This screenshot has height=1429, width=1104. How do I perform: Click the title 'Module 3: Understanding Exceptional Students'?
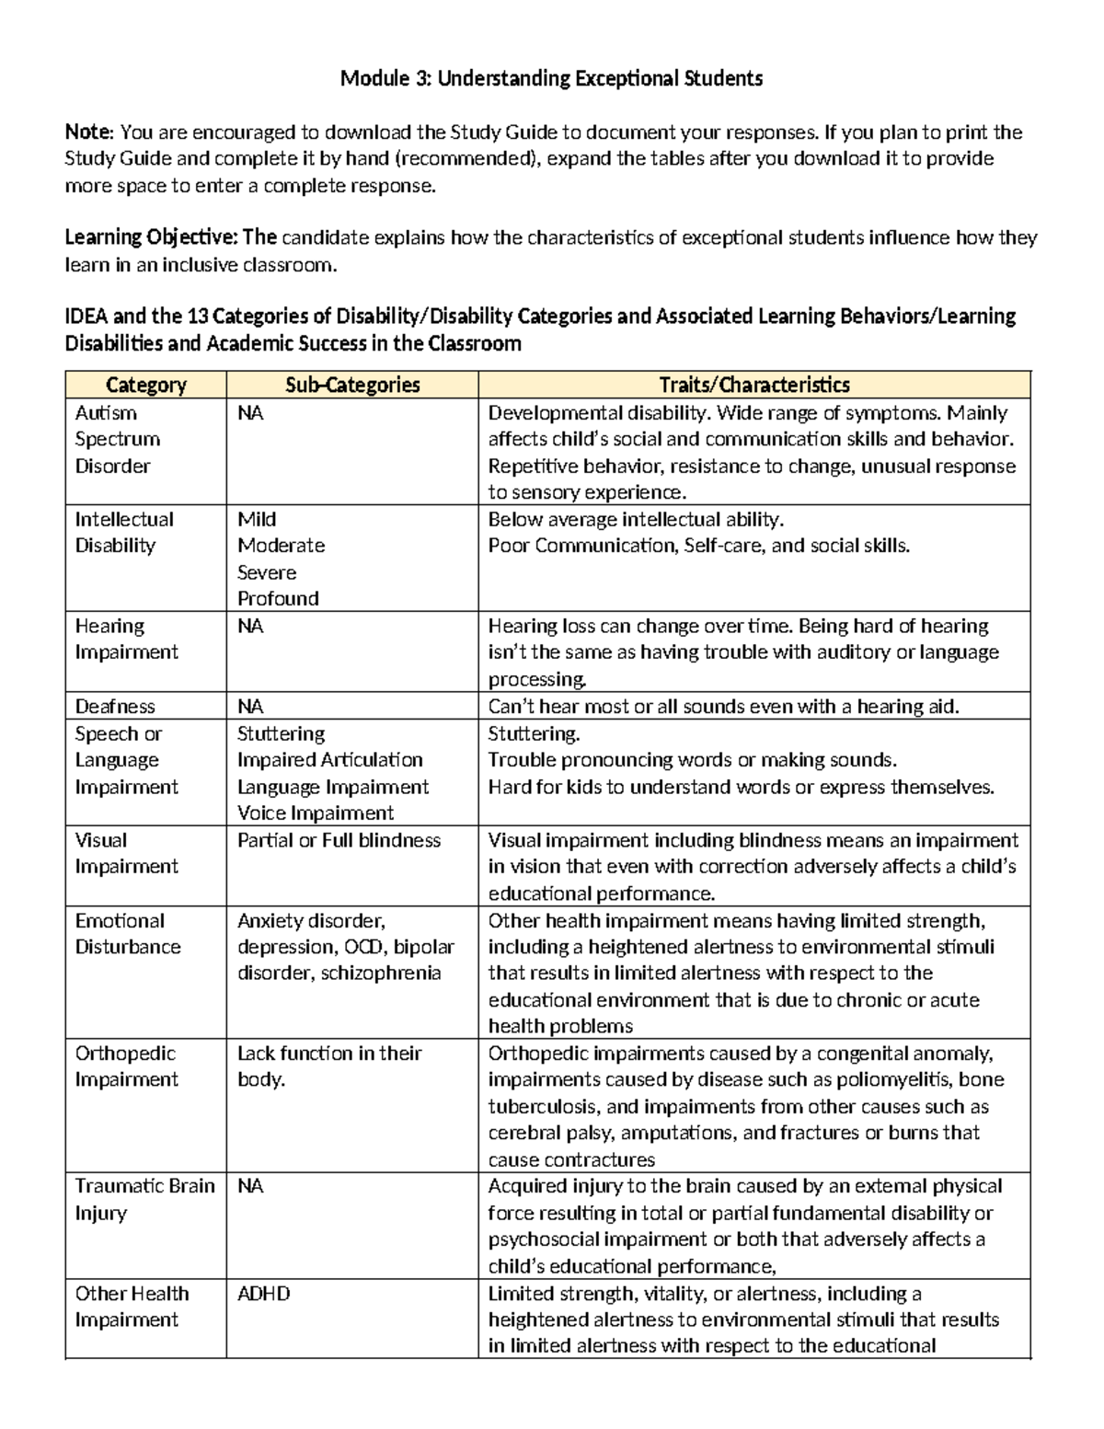pos(551,78)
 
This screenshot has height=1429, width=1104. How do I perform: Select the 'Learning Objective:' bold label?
pos(151,237)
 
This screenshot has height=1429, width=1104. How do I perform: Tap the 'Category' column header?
pos(145,385)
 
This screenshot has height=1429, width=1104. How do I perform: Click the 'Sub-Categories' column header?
pos(352,385)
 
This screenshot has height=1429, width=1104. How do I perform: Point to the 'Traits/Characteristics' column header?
pos(753,385)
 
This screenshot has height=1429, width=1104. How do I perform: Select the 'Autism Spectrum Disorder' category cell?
pos(117,439)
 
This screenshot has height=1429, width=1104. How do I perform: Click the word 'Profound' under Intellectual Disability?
pos(278,598)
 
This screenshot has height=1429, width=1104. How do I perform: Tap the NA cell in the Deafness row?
pos(250,706)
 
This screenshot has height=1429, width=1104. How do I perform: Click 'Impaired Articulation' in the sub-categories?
pos(329,759)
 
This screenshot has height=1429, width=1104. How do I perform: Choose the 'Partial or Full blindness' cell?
pos(339,840)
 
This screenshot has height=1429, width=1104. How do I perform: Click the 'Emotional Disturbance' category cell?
pos(127,933)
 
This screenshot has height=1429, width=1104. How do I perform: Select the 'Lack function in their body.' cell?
pos(328,1066)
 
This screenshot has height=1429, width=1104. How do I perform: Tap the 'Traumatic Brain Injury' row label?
pos(144,1199)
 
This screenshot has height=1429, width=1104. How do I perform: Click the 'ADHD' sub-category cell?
pos(263,1293)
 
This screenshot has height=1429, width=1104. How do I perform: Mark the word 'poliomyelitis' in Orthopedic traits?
pos(882,1079)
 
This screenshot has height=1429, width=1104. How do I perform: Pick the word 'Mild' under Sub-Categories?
pos(257,519)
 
